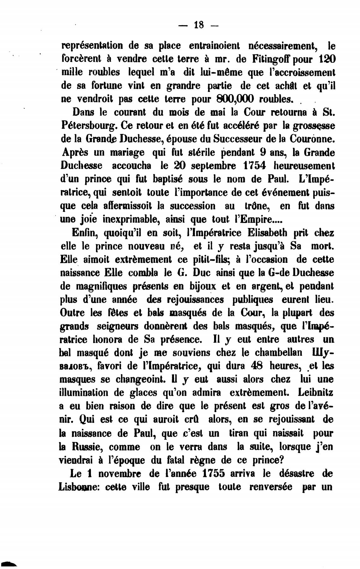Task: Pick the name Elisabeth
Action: click(x=268, y=233)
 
